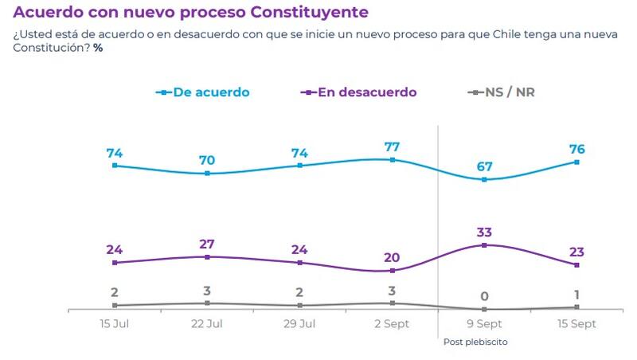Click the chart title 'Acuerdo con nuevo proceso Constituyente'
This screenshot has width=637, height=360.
[190, 13]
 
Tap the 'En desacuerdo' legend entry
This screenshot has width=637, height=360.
[367, 92]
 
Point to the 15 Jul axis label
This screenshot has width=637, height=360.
[115, 324]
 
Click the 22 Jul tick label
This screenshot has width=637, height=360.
[207, 324]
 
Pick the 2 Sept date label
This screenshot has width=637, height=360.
[392, 324]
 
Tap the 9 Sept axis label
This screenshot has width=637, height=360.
[484, 324]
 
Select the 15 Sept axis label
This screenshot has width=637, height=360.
[576, 324]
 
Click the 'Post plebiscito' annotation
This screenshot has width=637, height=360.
[475, 342]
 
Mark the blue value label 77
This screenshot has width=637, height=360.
[392, 147]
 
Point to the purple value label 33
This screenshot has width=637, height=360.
[484, 233]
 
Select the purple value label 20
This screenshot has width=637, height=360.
[392, 257]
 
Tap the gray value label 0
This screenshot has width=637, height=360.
[484, 295]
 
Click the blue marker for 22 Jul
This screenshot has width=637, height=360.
[207, 173]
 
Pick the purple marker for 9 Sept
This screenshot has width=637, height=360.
[484, 245]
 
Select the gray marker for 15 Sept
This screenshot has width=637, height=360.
[576, 307]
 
